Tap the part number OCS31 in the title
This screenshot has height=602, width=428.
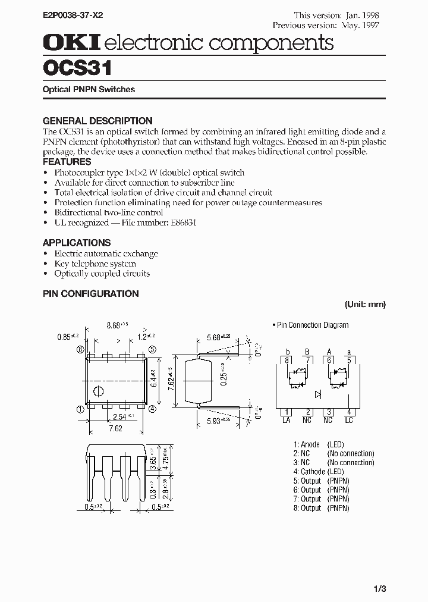77,68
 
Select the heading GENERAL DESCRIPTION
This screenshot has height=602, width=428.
97,121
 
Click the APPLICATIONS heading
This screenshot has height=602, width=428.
77,243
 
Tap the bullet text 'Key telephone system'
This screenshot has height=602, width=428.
95,264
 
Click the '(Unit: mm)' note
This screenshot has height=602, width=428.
366,304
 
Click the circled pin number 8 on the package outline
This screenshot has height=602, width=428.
80,350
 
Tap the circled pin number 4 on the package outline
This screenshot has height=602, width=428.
153,409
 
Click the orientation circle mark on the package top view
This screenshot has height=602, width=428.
99,391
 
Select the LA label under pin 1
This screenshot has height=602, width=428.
287,420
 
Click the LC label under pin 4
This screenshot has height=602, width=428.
350,420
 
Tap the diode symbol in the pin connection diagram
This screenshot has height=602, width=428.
318,393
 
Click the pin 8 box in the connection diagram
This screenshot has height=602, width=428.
287,360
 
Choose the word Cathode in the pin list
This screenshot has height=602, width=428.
313,472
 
